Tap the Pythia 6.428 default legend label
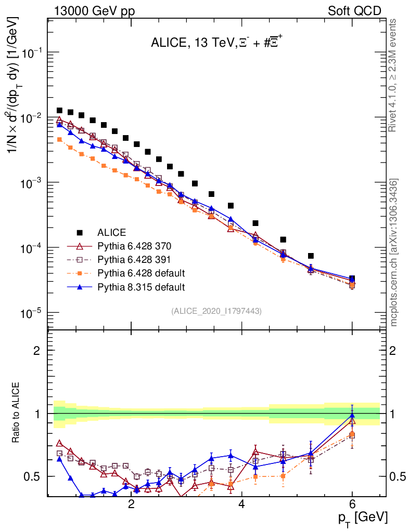[x=142, y=273]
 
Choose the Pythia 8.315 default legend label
[x=142, y=286]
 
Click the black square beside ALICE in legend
[x=80, y=232]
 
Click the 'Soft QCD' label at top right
[x=354, y=10]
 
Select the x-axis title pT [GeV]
[x=363, y=517]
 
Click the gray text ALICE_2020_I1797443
[x=216, y=311]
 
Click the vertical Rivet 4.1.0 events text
[x=394, y=75]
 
